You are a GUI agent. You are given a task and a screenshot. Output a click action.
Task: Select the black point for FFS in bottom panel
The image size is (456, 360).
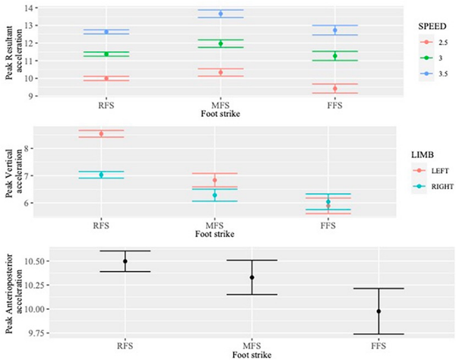pyautogui.click(x=378, y=311)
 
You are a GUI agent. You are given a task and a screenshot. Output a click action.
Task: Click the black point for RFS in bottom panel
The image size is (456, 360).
pyautogui.click(x=125, y=261)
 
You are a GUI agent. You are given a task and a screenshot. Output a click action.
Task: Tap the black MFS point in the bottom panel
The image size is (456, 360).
pyautogui.click(x=252, y=277)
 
